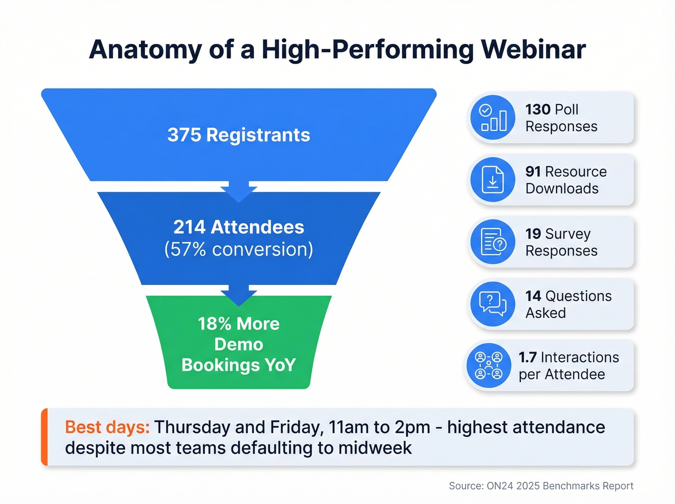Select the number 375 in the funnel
pos(184,135)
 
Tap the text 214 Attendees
pos(239,227)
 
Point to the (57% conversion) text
pos(239,249)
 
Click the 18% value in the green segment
pos(214,324)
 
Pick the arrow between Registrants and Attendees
pos(239,192)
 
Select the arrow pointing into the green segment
pos(239,295)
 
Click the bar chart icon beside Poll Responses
pos(493,118)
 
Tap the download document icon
pos(493,180)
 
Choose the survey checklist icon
pos(493,242)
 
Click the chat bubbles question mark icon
pos(493,304)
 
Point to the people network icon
pos(488,366)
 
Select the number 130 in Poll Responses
pos(538,109)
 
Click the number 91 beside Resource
pos(533,172)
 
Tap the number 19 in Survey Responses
pos(533,234)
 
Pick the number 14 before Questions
pos(533,296)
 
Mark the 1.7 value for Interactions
pos(527,357)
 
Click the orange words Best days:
pos(107,427)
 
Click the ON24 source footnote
pos(541,486)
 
